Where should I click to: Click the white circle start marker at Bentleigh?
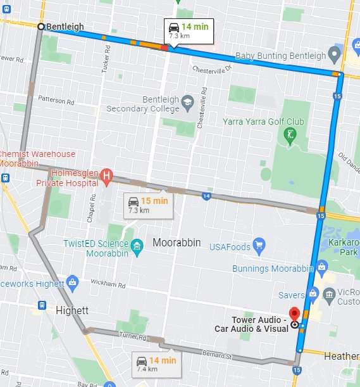click(41, 27)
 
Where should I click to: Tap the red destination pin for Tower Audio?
click(294, 314)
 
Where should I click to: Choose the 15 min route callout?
click(147, 205)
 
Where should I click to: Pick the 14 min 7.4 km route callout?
click(156, 364)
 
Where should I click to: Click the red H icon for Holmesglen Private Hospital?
click(108, 175)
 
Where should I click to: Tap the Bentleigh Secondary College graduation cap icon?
click(187, 102)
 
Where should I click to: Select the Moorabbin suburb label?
click(177, 243)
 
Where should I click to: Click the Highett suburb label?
click(72, 310)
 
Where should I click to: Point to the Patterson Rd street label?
click(56, 100)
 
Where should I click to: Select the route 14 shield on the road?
click(206, 196)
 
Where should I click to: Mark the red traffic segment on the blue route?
click(164, 47)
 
